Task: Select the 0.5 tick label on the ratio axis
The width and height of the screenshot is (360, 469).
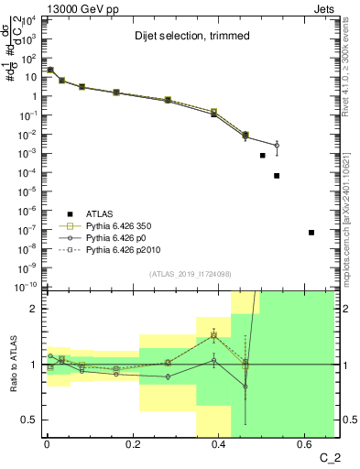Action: click(31, 420)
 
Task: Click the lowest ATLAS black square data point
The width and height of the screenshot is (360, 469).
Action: click(311, 233)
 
